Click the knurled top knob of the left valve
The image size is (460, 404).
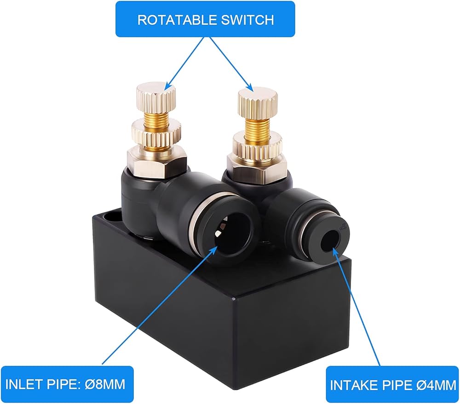click(x=156, y=97)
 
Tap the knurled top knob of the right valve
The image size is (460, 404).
click(x=258, y=102)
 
